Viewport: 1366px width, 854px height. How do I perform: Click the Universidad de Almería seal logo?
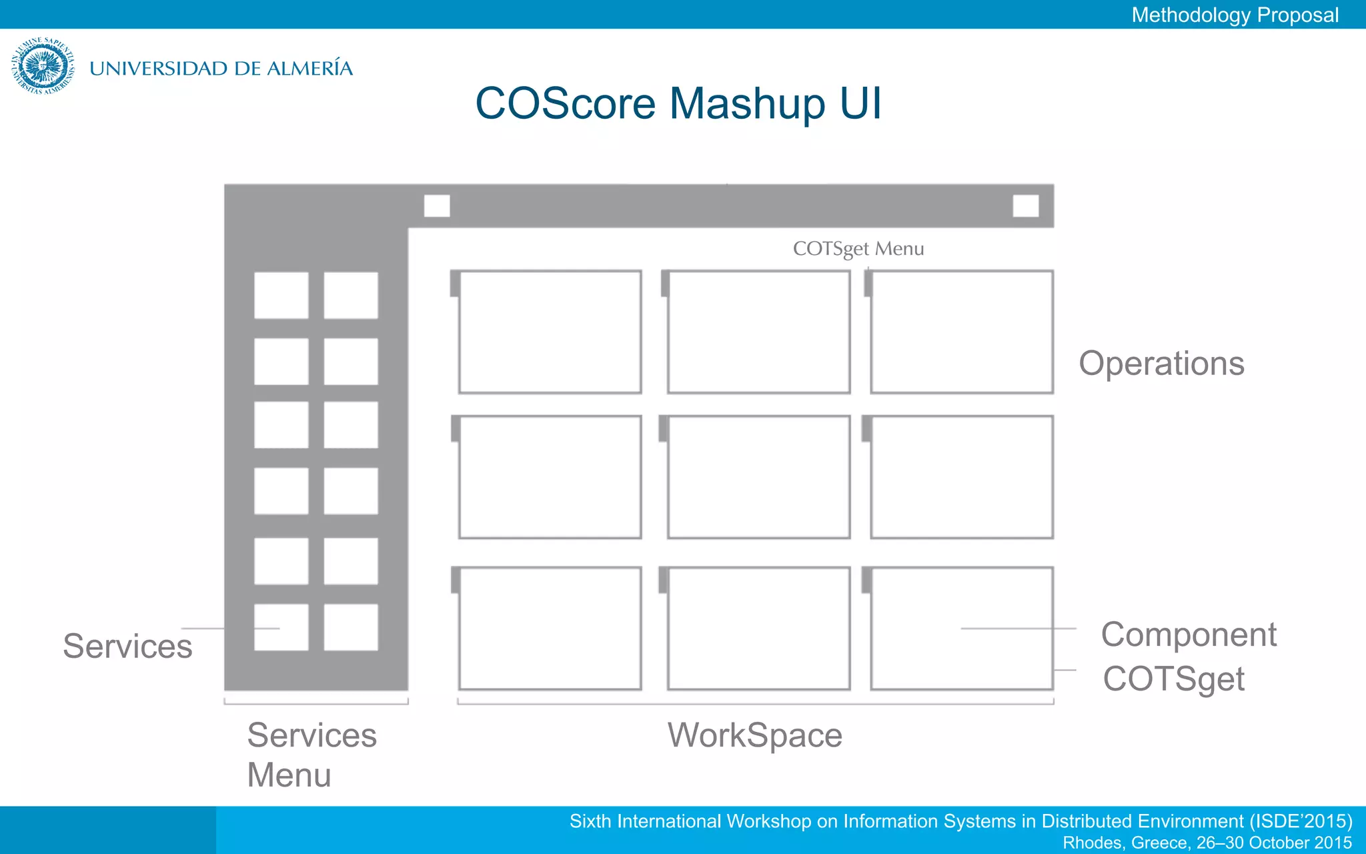(x=43, y=65)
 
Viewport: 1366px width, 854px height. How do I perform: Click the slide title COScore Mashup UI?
(x=678, y=103)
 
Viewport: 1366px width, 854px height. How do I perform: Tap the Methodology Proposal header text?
(x=1235, y=15)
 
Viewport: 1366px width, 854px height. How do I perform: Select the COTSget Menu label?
(x=858, y=249)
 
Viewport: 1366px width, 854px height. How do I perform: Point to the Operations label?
(x=1161, y=364)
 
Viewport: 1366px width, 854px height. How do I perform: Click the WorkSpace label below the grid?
(x=755, y=735)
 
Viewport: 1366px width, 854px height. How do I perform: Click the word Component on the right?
(x=1189, y=634)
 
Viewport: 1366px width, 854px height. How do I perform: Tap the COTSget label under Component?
(x=1173, y=679)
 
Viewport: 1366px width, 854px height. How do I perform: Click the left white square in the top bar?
(x=437, y=205)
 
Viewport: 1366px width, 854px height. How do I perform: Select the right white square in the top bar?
(x=1025, y=205)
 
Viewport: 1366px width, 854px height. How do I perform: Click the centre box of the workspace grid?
(x=758, y=477)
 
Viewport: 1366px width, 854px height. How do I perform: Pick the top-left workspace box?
(x=550, y=332)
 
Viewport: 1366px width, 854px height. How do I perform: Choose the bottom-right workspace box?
(x=961, y=628)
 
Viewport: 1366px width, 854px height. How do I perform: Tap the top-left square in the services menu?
(x=281, y=295)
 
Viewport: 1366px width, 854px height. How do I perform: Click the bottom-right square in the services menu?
(x=351, y=627)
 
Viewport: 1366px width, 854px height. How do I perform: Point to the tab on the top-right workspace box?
(x=868, y=283)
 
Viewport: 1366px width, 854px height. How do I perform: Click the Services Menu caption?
(x=311, y=755)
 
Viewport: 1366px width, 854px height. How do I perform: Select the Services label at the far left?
(x=127, y=646)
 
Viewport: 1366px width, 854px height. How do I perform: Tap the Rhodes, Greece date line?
(x=1207, y=843)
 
